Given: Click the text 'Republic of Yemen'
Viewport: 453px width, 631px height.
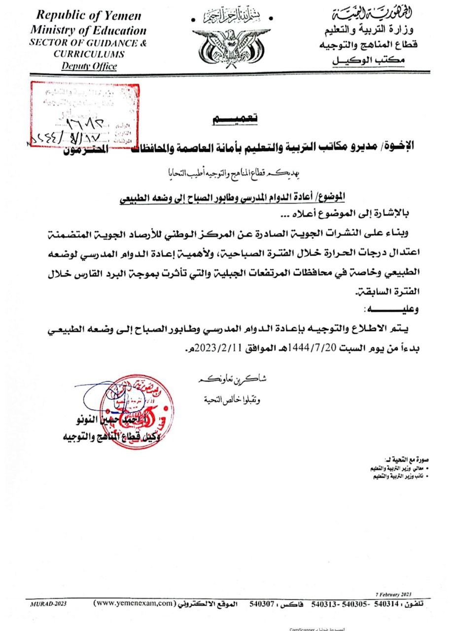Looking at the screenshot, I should pyautogui.click(x=89, y=15).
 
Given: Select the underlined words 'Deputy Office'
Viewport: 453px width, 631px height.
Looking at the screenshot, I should pyautogui.click(x=89, y=66).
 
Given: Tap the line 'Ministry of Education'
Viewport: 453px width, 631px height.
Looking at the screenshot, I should pyautogui.click(x=88, y=30).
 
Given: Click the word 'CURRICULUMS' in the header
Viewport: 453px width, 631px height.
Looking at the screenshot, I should pyautogui.click(x=89, y=54).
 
